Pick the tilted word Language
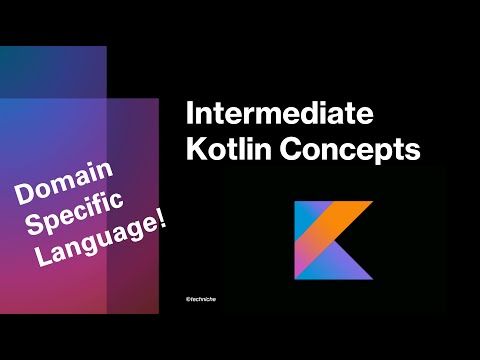[x=100, y=241]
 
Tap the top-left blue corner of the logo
[x=305, y=212]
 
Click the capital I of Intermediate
[x=192, y=112]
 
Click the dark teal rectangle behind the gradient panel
[x=50, y=70]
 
